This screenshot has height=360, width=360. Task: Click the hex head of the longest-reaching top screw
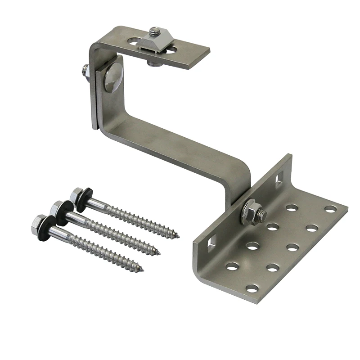tap(76, 195)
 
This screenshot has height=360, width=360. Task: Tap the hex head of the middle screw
tap(57, 208)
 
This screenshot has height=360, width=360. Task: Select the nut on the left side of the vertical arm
tap(85, 71)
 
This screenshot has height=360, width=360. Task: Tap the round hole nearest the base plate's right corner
tap(330, 209)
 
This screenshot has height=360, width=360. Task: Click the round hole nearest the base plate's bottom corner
tap(252, 288)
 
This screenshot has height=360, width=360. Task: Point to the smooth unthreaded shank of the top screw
tap(96, 205)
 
